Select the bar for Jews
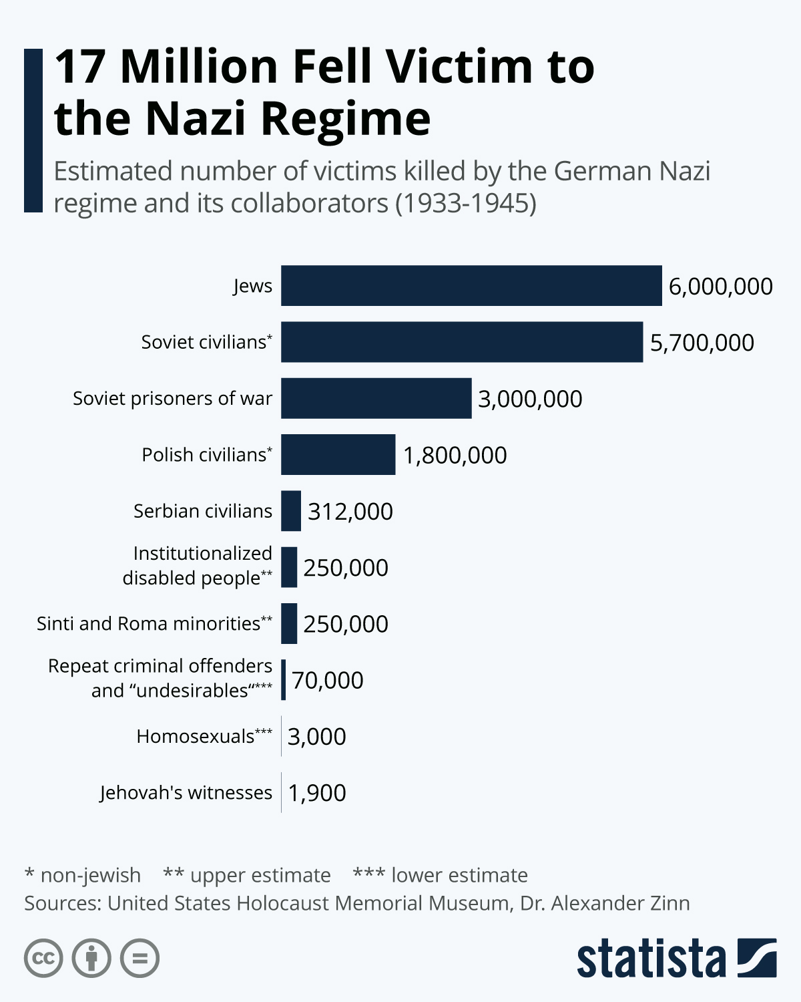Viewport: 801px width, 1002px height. coord(471,286)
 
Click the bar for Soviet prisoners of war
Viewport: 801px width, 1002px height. coord(376,398)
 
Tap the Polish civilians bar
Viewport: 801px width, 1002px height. coord(338,454)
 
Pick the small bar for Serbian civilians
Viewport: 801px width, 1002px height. coord(291,511)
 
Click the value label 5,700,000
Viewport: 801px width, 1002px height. coord(702,343)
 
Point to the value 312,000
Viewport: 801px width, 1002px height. coord(350,512)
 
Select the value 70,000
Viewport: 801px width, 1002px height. coord(327,680)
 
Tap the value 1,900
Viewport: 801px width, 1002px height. coord(316,793)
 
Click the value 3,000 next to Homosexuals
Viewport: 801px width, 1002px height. coord(316,737)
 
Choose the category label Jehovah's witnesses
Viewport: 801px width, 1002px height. coord(186,792)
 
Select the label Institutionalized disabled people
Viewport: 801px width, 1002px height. coord(197,566)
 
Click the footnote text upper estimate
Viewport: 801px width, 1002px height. coord(260,875)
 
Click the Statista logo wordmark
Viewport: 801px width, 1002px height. coord(651,959)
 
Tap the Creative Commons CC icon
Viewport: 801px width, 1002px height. coord(43,959)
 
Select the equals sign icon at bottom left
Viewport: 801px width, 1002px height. coord(140,959)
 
